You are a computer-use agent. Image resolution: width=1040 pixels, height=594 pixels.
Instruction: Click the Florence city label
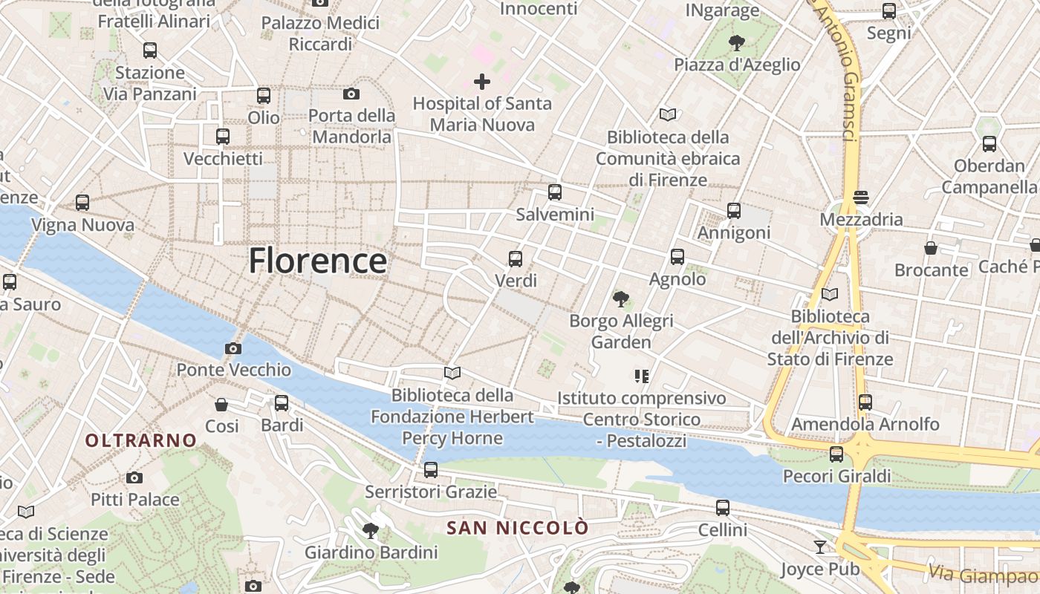pyautogui.click(x=317, y=261)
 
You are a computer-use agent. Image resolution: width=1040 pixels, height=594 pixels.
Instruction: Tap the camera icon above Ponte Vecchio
pyautogui.click(x=233, y=348)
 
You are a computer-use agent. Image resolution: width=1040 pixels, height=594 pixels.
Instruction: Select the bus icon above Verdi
pyautogui.click(x=516, y=259)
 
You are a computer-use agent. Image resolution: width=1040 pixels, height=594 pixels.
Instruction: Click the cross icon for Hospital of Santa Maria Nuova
pyautogui.click(x=482, y=82)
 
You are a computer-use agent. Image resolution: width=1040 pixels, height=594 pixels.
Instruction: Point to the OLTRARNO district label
pyautogui.click(x=140, y=440)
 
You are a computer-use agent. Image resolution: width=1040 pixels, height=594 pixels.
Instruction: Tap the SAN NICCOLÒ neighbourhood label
pyautogui.click(x=517, y=528)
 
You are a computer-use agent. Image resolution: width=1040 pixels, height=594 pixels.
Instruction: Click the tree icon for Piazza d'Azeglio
pyautogui.click(x=737, y=43)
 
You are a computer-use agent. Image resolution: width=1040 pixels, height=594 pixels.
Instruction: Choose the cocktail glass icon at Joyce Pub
pyautogui.click(x=820, y=547)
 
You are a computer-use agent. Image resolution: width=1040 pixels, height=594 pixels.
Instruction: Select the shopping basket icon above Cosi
pyautogui.click(x=221, y=405)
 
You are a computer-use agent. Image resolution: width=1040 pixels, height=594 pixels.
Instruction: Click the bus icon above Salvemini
pyautogui.click(x=554, y=192)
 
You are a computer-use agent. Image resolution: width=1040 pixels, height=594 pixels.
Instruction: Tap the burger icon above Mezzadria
pyautogui.click(x=861, y=198)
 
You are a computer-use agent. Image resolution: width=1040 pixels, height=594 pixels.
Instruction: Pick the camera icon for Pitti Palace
pyautogui.click(x=134, y=477)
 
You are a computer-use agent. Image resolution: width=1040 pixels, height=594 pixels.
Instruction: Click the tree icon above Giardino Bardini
pyautogui.click(x=370, y=530)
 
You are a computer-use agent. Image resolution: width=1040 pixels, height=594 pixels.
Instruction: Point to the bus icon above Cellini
pyautogui.click(x=723, y=508)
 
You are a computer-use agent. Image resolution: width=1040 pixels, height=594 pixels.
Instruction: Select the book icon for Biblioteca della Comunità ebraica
pyautogui.click(x=668, y=115)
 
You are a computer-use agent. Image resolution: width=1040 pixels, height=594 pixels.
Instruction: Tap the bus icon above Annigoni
pyautogui.click(x=734, y=211)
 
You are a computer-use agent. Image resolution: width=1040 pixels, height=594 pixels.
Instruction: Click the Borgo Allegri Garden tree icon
pyautogui.click(x=621, y=299)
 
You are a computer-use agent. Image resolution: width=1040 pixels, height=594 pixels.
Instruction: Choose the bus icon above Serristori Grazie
pyautogui.click(x=431, y=469)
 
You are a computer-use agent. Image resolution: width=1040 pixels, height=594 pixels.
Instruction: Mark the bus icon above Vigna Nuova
pyautogui.click(x=82, y=202)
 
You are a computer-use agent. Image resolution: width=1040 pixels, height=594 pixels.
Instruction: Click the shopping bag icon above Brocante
pyautogui.click(x=931, y=247)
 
